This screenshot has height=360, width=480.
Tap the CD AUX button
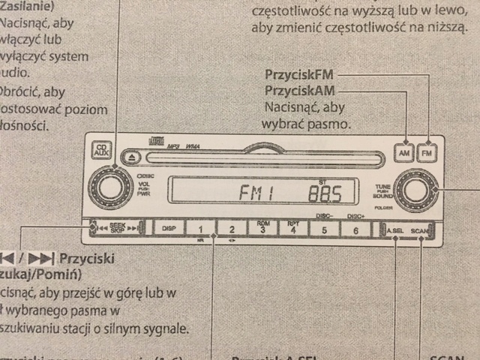(100, 151)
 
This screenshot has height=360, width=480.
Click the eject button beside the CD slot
(131, 157)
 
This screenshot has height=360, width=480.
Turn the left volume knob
(110, 188)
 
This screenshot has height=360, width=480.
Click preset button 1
(200, 228)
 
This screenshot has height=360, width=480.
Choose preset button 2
(232, 228)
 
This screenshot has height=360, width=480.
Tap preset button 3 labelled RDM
(262, 228)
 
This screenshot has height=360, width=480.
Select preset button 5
(324, 229)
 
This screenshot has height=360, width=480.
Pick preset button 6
(355, 229)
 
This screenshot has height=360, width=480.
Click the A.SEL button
(393, 229)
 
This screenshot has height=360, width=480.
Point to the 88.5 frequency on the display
(325, 194)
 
